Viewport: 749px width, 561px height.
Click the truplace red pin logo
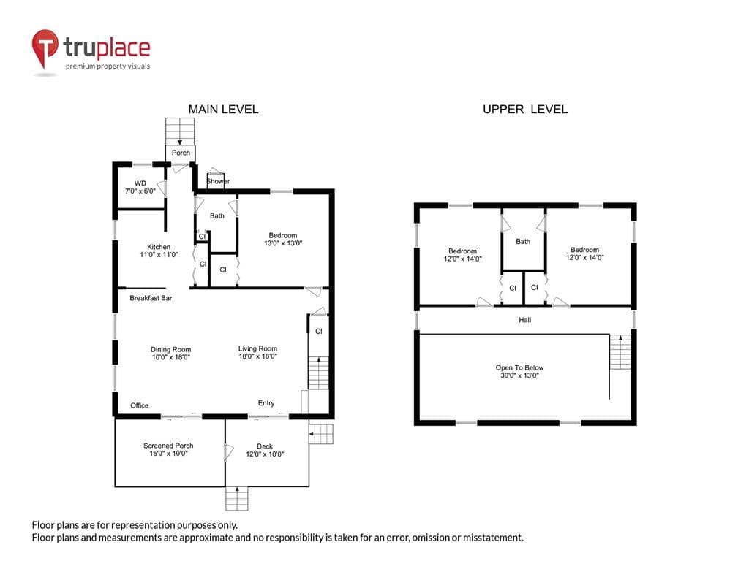(x=45, y=48)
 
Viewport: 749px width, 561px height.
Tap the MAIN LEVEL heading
(x=223, y=110)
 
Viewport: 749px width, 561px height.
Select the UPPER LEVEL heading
(x=525, y=110)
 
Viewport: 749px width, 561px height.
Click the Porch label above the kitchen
(x=181, y=153)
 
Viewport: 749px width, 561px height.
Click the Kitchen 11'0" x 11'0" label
(x=159, y=251)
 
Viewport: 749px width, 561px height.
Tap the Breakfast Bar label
(x=151, y=298)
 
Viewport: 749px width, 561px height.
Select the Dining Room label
(x=170, y=353)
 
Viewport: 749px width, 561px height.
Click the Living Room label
(x=257, y=352)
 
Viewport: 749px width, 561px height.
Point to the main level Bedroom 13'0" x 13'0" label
(x=283, y=239)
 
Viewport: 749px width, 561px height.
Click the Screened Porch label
(x=168, y=449)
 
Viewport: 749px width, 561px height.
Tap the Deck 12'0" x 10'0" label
(x=265, y=450)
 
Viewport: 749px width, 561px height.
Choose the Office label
(x=140, y=405)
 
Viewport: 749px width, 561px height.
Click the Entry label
(x=266, y=403)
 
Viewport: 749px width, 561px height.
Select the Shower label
(x=218, y=181)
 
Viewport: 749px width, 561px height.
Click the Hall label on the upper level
(x=524, y=320)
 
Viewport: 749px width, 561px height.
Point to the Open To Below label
(x=519, y=372)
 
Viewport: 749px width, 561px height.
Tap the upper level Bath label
(x=523, y=241)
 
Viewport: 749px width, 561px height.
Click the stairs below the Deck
(x=237, y=498)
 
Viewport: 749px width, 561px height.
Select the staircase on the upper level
(x=620, y=351)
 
